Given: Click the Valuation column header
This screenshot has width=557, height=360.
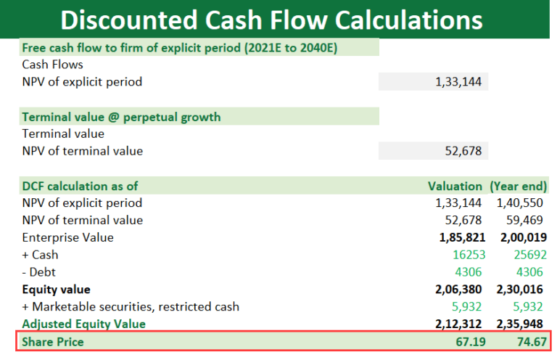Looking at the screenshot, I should pyautogui.click(x=455, y=186).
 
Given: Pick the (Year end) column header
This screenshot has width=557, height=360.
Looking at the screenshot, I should pyautogui.click(x=519, y=186).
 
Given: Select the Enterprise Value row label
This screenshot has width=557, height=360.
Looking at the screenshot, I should pyautogui.click(x=67, y=237).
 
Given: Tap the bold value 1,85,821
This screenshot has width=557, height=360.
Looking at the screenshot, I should pyautogui.click(x=461, y=237).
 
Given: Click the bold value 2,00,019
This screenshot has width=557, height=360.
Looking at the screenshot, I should pyautogui.click(x=522, y=237).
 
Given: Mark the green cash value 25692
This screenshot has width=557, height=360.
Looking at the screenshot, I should pyautogui.click(x=527, y=255).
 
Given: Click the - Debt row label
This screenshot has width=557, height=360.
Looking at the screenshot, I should pyautogui.click(x=40, y=272).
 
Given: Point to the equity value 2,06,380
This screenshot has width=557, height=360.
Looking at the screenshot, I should pyautogui.click(x=461, y=290).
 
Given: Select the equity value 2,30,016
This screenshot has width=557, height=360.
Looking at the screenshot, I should pyautogui.click(x=522, y=290).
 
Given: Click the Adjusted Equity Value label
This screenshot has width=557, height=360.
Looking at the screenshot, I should pyautogui.click(x=83, y=324).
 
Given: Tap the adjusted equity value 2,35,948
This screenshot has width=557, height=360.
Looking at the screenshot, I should pyautogui.click(x=522, y=324).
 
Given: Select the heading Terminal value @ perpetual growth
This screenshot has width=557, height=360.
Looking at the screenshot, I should pyautogui.click(x=121, y=117).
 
